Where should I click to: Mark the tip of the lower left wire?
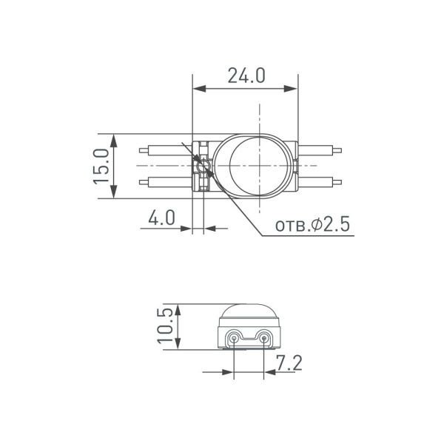(x=139, y=181)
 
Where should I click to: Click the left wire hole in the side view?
(x=234, y=339)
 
